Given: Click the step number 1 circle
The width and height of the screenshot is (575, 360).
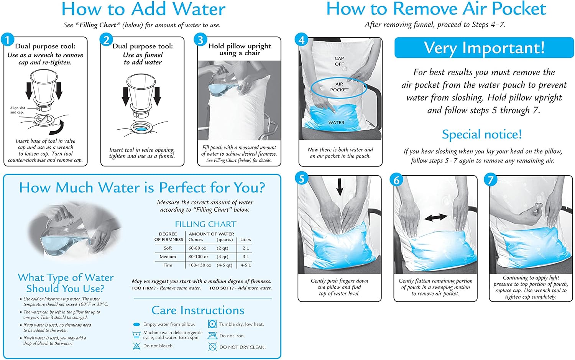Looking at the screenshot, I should click(8, 39).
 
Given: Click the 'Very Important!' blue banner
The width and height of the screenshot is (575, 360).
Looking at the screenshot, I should click(484, 48).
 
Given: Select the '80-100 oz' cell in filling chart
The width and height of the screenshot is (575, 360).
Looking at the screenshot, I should click(199, 256).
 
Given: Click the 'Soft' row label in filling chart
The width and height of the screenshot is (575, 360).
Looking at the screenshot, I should click(168, 248).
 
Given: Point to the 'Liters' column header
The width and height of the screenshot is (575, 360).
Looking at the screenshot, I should click(245, 240).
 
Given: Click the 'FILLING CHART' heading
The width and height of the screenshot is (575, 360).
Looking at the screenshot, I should click(205, 224).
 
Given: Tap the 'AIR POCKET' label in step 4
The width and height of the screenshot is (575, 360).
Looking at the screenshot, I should click(339, 87).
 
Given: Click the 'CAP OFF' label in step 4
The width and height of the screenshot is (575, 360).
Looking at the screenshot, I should click(339, 61).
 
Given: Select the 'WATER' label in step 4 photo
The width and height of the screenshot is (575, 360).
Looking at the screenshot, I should click(336, 123).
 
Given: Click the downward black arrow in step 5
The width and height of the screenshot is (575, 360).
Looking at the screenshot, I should click(340, 187).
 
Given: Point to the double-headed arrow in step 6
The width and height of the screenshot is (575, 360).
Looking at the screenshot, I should click(436, 217).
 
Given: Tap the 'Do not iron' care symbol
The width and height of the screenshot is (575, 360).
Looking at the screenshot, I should click(212, 336).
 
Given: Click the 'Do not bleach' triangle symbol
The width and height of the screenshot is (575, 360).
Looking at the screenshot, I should click(136, 346).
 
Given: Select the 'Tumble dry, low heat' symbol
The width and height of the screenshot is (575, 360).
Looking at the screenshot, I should click(212, 324).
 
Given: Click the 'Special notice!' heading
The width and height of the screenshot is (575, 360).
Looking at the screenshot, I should click(482, 135).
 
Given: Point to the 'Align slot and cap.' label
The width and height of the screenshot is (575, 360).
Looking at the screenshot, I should click(18, 110).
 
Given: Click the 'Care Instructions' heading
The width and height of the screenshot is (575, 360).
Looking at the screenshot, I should click(198, 310).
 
